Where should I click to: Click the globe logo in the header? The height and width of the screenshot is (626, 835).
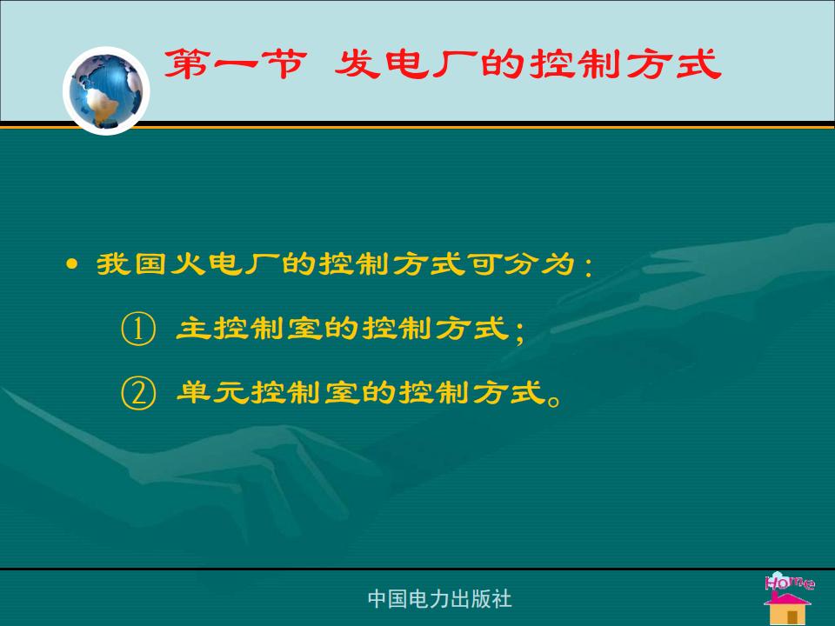click(106, 91)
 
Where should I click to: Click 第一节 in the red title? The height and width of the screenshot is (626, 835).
click(235, 64)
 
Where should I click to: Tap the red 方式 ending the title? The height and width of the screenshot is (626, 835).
click(673, 64)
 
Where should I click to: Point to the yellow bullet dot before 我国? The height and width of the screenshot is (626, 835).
click(72, 264)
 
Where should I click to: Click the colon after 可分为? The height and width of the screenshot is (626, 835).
click(588, 265)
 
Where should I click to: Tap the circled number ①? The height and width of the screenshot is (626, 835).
click(138, 329)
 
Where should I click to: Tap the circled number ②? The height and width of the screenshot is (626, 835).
click(138, 393)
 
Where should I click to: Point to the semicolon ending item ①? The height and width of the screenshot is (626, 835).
click(520, 331)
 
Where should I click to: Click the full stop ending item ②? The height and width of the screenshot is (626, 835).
click(554, 399)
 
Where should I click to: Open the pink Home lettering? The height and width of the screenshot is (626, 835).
click(790, 582)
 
